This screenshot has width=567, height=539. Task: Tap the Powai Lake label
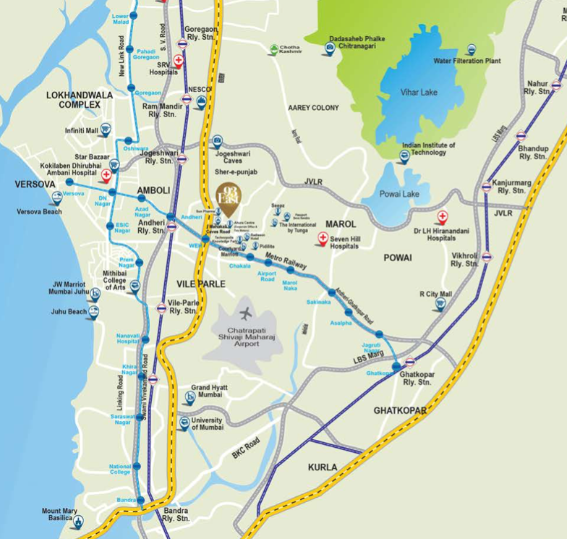click(x=400, y=194)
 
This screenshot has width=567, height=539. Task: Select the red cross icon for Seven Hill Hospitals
click(x=323, y=237)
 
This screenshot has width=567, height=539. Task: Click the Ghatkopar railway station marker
click(x=410, y=362)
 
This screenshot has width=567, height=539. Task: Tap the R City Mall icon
click(x=439, y=305)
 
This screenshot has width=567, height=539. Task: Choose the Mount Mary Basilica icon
click(x=77, y=522)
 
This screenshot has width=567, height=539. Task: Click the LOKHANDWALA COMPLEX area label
click(x=73, y=100)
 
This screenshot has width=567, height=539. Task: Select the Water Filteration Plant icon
click(x=471, y=50)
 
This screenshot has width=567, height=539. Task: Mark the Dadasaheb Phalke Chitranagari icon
click(x=330, y=48)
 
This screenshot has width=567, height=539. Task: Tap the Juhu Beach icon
click(x=93, y=312)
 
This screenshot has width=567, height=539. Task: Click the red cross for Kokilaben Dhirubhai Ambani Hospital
click(x=106, y=175)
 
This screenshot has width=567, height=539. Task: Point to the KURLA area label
click(x=323, y=467)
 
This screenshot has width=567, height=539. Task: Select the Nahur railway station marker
click(x=555, y=85)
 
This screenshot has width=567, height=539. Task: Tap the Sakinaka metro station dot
click(x=332, y=292)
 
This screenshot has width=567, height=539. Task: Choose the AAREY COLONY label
click(x=313, y=108)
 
